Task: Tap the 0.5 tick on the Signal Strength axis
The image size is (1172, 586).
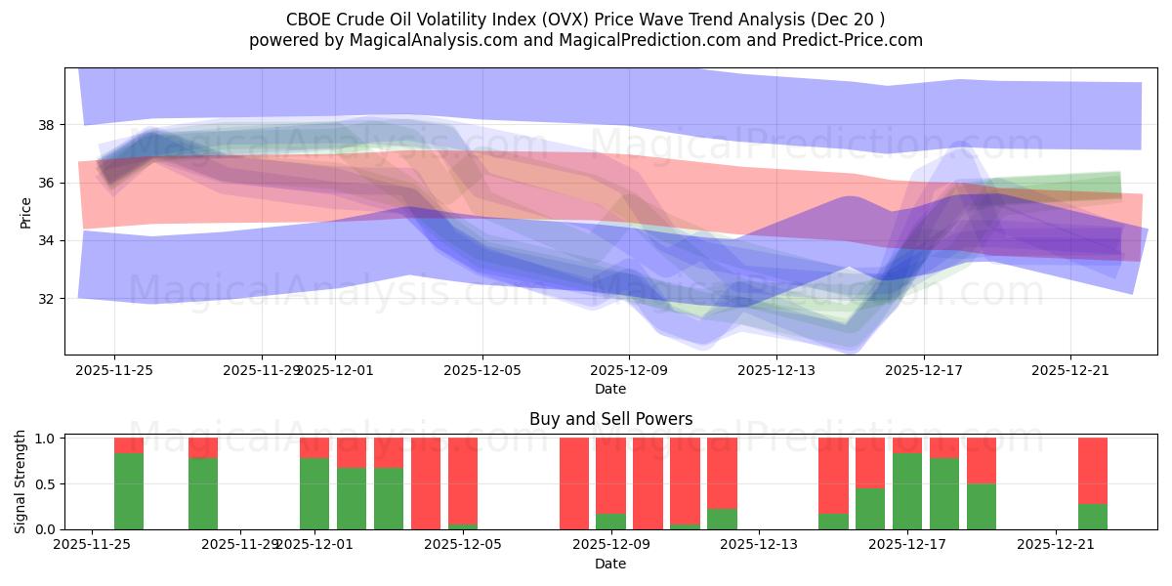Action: pyautogui.click(x=45, y=484)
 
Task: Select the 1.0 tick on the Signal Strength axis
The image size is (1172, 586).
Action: pyautogui.click(x=45, y=439)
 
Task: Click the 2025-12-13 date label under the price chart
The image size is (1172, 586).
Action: pyautogui.click(x=775, y=370)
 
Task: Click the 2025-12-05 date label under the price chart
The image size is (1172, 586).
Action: pyautogui.click(x=481, y=370)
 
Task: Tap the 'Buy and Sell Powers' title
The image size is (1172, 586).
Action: pyautogui.click(x=610, y=419)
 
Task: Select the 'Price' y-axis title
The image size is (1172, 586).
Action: pyautogui.click(x=26, y=212)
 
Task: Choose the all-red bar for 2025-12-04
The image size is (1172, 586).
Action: pyautogui.click(x=426, y=483)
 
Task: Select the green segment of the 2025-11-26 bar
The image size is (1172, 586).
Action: pyautogui.click(x=129, y=491)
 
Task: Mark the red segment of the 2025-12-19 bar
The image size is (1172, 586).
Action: pyautogui.click(x=982, y=460)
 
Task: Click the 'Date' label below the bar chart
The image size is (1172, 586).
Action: pyautogui.click(x=610, y=564)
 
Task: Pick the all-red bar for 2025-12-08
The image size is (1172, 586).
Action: pyautogui.click(x=574, y=483)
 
